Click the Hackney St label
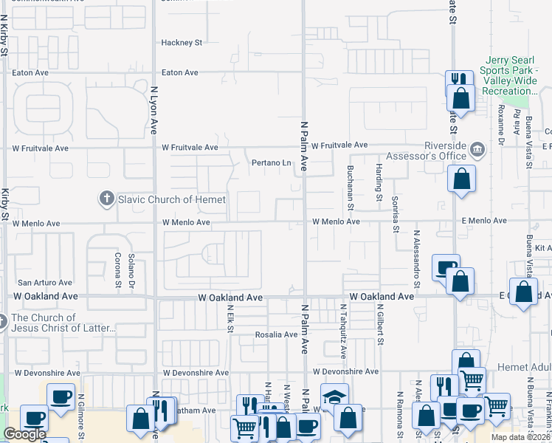[182, 43]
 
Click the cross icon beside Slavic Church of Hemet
[106, 199]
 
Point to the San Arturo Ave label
[45, 282]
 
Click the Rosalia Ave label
[276, 334]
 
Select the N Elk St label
[231, 319]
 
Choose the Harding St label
[379, 182]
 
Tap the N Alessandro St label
[417, 258]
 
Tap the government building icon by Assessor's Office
[477, 149]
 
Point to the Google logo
[24, 434]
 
